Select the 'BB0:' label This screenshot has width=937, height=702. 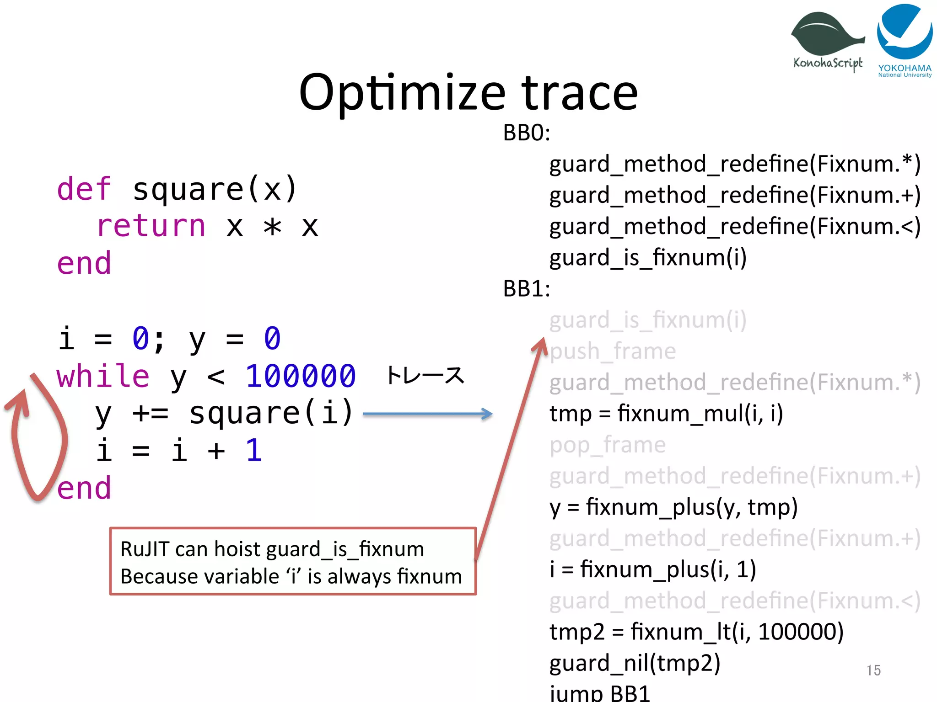[526, 133]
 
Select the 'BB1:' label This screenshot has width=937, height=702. [526, 289]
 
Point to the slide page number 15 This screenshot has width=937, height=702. [873, 670]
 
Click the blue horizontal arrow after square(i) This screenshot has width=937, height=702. [427, 414]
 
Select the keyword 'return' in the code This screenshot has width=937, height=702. [151, 226]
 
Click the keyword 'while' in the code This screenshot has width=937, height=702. [103, 377]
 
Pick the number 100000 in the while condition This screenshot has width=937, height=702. [301, 377]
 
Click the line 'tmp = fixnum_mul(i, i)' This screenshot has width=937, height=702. [666, 414]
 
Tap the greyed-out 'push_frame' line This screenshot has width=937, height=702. [613, 351]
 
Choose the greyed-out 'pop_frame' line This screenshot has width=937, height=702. [608, 445]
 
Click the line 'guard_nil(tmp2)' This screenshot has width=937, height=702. [635, 664]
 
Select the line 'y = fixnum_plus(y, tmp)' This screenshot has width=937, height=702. [673, 507]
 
